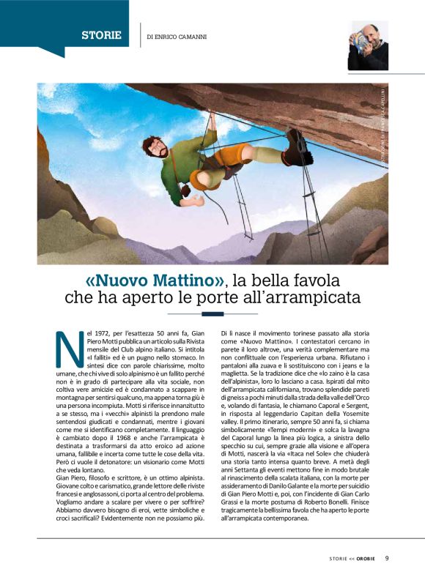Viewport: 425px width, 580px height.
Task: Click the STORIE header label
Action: click(102, 34)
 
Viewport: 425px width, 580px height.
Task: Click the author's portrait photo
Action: click(367, 45)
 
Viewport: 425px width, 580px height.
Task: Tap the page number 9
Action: click(386, 557)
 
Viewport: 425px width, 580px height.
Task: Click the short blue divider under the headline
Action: click(212, 313)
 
